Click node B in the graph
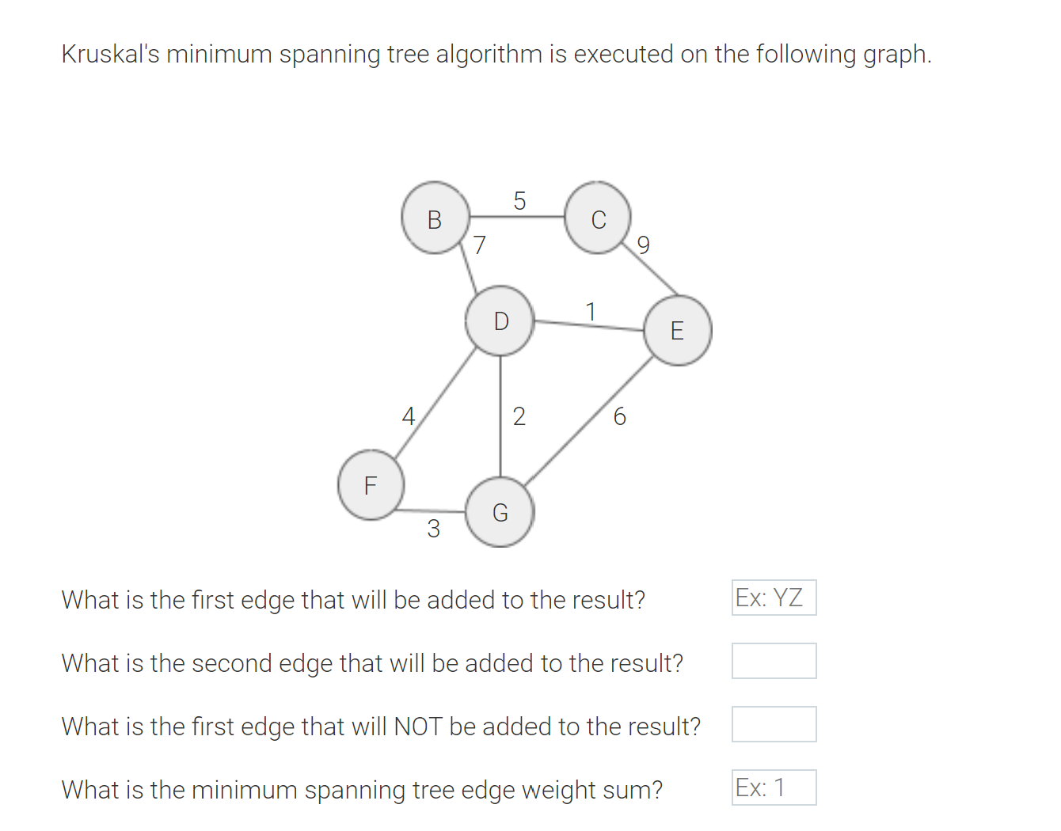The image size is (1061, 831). [x=435, y=218]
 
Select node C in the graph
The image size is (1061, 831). [x=599, y=218]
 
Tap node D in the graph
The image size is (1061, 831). [x=500, y=321]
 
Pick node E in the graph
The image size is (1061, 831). [x=678, y=330]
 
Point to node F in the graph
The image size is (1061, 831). [x=371, y=484]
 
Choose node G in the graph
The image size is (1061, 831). [x=500, y=513]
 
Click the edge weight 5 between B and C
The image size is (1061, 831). [x=519, y=201]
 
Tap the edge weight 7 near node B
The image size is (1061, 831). [x=479, y=245]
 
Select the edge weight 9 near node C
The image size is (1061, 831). [x=643, y=245]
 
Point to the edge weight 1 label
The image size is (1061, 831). [x=590, y=312]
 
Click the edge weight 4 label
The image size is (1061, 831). [x=408, y=416]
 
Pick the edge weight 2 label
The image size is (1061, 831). [x=519, y=416]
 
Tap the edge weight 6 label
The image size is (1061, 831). [x=619, y=416]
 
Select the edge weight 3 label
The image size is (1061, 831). [x=433, y=528]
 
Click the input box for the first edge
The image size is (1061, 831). [x=774, y=598]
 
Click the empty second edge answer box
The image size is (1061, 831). [x=774, y=661]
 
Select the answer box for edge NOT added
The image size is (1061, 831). [x=774, y=724]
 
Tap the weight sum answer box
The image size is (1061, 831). [x=774, y=787]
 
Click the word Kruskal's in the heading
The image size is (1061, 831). [x=110, y=55]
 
